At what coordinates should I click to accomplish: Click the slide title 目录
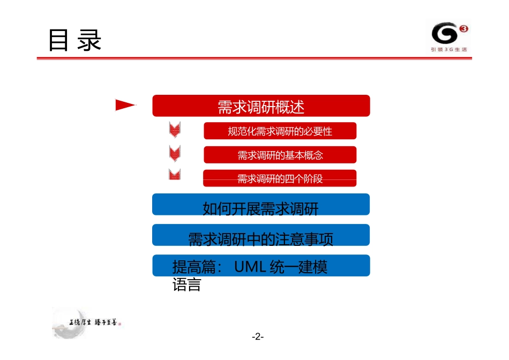coord(75,41)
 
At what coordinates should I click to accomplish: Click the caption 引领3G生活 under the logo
coord(449,50)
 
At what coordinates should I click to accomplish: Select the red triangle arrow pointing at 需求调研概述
coord(125,106)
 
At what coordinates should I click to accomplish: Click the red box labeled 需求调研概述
coord(261,106)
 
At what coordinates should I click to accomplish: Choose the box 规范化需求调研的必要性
coord(280,131)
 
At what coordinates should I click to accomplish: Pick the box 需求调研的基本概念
coord(280,155)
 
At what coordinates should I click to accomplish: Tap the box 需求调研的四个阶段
coord(280,179)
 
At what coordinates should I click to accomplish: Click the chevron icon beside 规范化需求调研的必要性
coord(175,129)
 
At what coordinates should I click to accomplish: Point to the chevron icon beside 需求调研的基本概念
coord(175,153)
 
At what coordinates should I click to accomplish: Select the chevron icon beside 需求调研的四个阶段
coord(175,175)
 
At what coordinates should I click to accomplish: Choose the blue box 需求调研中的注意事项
coord(261,238)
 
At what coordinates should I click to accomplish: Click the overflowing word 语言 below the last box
coord(186,285)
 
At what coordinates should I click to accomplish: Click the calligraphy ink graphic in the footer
coord(88,322)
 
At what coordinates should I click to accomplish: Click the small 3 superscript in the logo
coord(463,29)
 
